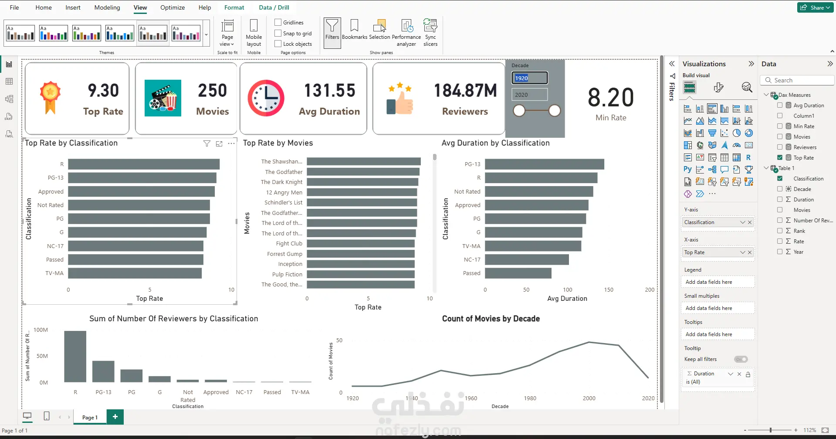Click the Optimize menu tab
[x=172, y=7]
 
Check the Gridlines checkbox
[x=278, y=22]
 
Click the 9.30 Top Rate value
[x=103, y=91]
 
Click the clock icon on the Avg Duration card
[x=266, y=98]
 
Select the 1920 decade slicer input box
[x=529, y=78]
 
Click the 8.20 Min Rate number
[x=610, y=97]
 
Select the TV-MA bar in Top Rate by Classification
[x=135, y=273]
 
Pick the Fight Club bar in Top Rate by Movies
[x=361, y=244]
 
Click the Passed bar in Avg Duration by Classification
[x=518, y=273]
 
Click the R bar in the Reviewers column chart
[x=75, y=356]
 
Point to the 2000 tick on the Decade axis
[x=589, y=398]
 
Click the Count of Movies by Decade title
[x=491, y=319]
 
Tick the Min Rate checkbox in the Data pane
[x=780, y=126]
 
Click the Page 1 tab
[x=90, y=417]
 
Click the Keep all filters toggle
[x=741, y=359]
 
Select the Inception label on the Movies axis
[x=290, y=264]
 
